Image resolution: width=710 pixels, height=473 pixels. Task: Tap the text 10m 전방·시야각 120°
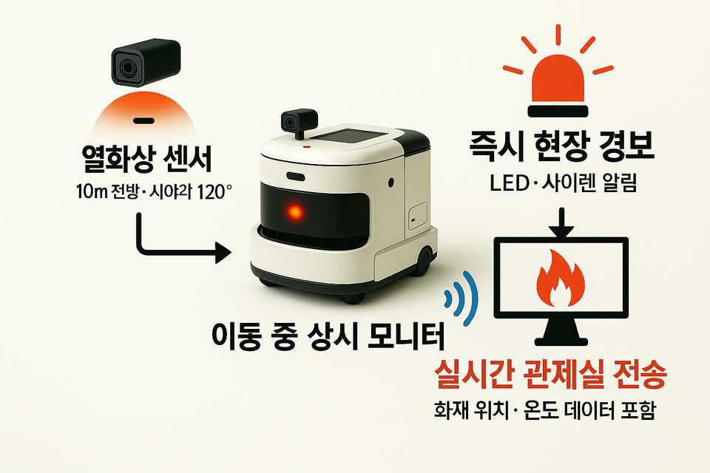(153, 192)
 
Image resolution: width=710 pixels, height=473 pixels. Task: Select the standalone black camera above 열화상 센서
(144, 61)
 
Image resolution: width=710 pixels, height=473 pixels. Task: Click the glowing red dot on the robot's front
(295, 213)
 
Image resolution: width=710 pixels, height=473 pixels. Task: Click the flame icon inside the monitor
(560, 281)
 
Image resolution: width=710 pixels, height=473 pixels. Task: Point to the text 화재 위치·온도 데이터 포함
(545, 412)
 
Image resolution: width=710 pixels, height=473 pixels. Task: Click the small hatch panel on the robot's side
(416, 216)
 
